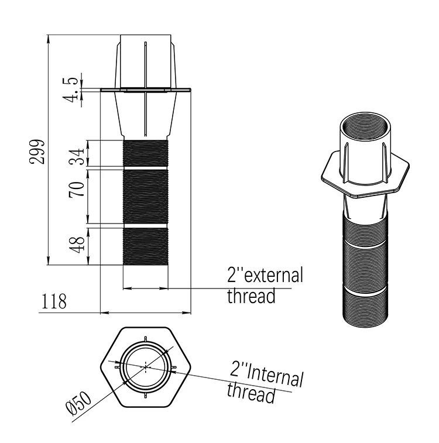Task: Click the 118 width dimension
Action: (54, 302)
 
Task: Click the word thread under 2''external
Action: (251, 296)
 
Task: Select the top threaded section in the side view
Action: (145, 154)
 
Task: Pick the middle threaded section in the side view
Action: (145, 196)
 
